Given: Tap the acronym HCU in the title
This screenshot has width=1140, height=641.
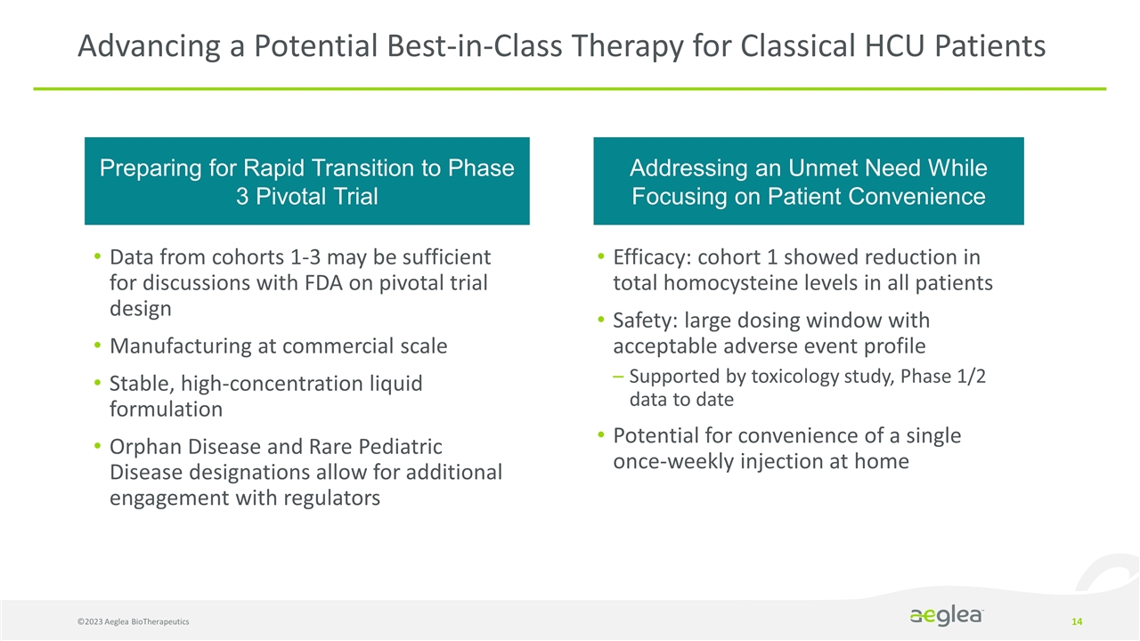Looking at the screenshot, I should tap(892, 45).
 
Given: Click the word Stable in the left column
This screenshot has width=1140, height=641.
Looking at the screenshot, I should tap(137, 384).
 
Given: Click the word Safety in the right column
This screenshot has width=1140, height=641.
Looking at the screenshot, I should tap(640, 320).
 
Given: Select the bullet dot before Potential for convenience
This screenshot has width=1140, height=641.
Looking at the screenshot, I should tap(603, 436).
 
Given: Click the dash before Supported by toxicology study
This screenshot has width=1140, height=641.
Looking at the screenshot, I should tap(618, 377).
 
